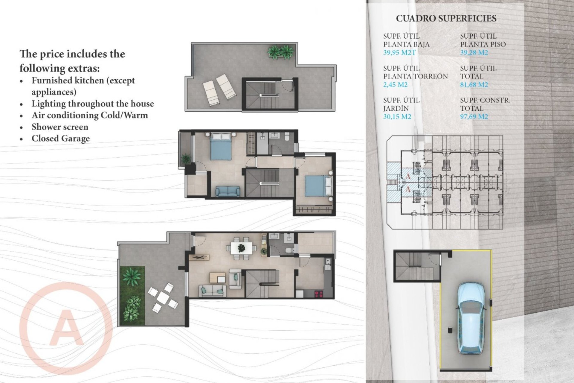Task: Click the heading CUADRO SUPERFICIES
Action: point(446,19)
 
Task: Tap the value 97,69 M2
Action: point(474,117)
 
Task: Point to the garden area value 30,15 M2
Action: point(397,117)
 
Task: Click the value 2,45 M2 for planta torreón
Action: point(395,85)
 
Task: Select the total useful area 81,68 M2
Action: point(474,85)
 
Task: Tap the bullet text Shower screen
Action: point(60,127)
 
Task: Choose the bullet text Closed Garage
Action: point(61,139)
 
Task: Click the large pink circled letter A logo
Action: point(66,328)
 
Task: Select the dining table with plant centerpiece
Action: point(241,248)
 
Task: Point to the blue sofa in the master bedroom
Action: point(228,191)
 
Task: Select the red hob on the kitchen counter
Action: point(319,294)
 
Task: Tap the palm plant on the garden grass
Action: point(131,276)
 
